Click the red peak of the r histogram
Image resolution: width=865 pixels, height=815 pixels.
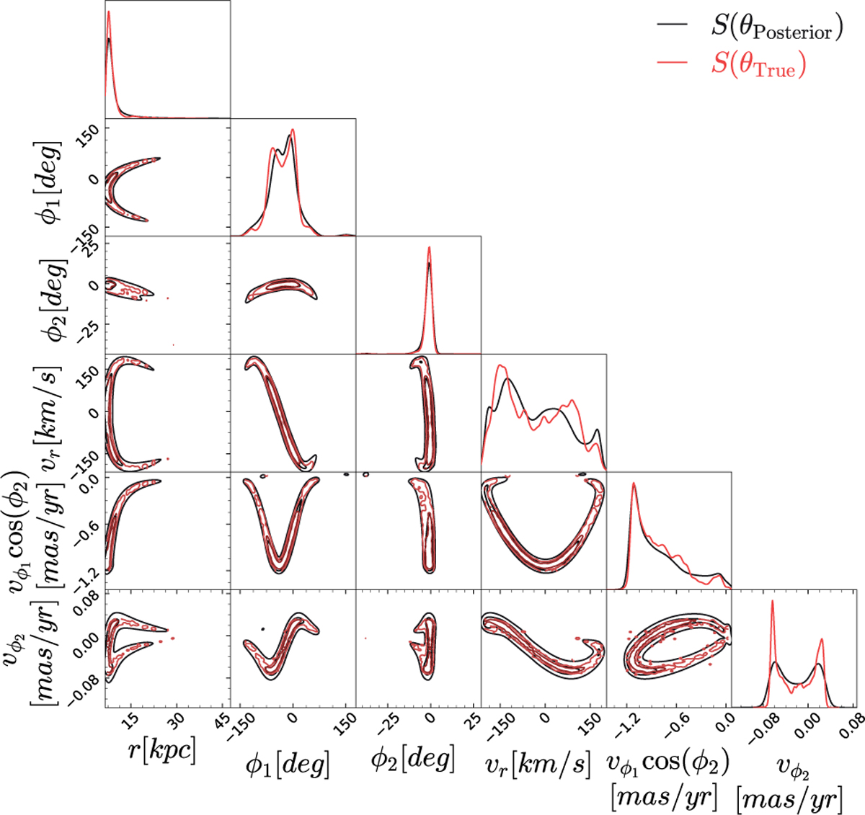tap(108, 12)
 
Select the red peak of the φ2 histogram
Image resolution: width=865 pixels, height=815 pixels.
tap(430, 248)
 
